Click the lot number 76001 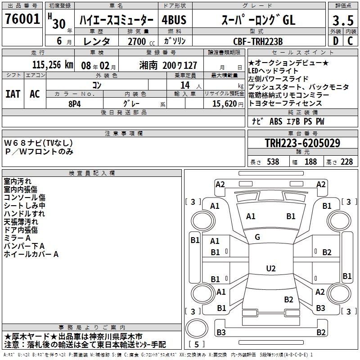point(22,19)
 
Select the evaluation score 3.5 point(342,21)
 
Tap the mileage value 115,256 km point(53,65)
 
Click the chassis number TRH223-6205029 point(302,143)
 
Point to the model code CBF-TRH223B point(258,41)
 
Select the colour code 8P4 point(74,103)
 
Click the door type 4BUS point(174,20)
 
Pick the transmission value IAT point(13,94)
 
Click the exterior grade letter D point(335,41)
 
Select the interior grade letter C point(350,41)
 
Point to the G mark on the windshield point(257,237)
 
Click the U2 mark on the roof point(270,269)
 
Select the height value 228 point(346,162)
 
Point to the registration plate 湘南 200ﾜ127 point(168,65)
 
